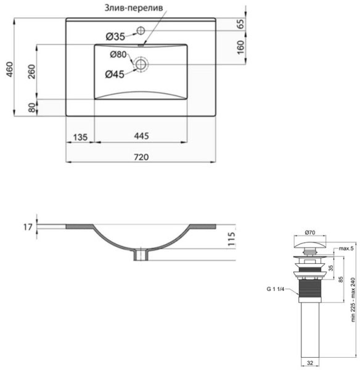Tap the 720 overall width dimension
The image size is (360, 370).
[x=141, y=157]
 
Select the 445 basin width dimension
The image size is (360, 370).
[x=141, y=136]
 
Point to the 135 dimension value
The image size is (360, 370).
[x=80, y=136]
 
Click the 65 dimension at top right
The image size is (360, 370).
[x=240, y=25]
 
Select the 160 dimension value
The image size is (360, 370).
[x=240, y=46]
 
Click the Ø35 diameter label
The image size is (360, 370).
[x=115, y=37]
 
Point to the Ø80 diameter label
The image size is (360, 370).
[x=118, y=55]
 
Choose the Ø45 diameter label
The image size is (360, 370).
[x=115, y=75]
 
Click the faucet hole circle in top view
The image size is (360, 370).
[x=140, y=30]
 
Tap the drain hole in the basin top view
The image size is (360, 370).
[x=141, y=64]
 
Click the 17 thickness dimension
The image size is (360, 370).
[x=27, y=228]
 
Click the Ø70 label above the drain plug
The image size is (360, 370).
[x=310, y=232]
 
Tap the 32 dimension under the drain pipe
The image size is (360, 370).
[x=310, y=363]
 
